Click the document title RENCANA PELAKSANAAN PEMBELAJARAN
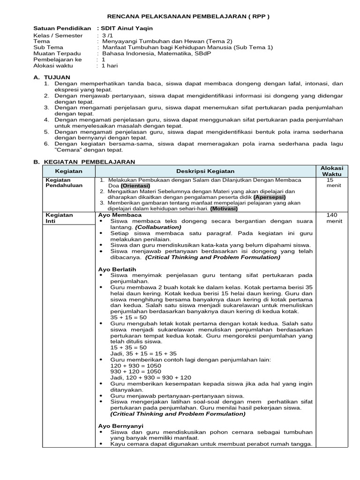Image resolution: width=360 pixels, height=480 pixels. (180, 16)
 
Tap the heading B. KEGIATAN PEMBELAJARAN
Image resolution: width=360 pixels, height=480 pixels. (84, 162)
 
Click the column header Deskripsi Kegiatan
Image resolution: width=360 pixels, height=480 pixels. (205, 171)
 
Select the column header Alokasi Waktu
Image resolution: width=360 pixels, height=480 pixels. (331, 171)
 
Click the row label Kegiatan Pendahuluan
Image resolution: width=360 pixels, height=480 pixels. (64, 182)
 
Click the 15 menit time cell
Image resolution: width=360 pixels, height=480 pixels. (331, 182)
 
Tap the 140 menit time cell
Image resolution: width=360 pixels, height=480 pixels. (331, 218)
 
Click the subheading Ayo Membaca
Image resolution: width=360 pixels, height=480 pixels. (120, 215)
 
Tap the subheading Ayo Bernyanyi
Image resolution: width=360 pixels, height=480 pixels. (121, 426)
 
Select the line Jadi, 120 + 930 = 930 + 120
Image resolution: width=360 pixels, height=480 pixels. (150, 377)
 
